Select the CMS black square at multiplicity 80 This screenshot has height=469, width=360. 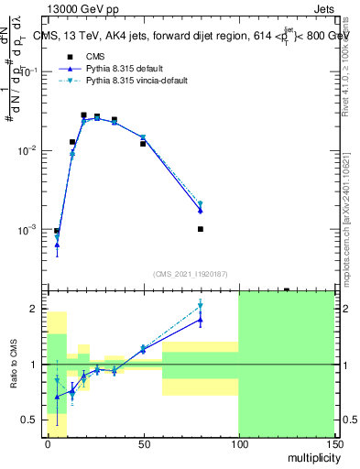click(x=200, y=229)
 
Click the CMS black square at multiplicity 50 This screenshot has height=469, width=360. click(x=143, y=144)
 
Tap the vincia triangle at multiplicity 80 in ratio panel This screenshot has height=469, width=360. click(x=200, y=306)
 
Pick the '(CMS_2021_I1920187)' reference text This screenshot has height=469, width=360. click(x=191, y=273)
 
